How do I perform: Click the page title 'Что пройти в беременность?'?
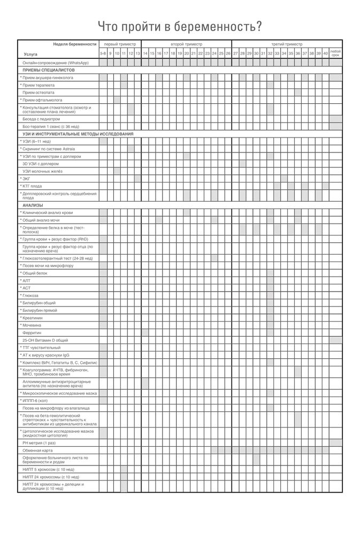point(180,27)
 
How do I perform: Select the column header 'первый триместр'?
point(120,44)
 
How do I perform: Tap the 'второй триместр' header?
point(186,44)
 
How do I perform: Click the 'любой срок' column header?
point(335,53)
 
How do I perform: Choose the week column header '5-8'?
point(103,54)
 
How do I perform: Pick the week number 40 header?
point(325,54)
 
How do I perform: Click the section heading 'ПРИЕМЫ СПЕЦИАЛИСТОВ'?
point(48,70)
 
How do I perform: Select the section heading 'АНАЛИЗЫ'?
point(33,205)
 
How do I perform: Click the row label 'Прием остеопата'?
point(41,93)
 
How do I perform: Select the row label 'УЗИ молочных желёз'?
point(43,171)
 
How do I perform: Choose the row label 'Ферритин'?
point(32,332)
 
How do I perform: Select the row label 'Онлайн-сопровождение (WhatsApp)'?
point(55,63)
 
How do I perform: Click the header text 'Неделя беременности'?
point(75,44)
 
